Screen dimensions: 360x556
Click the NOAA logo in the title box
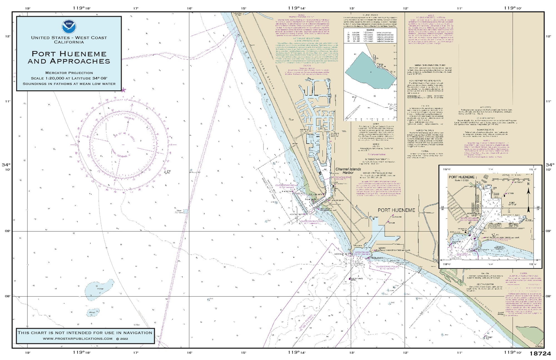(69, 26)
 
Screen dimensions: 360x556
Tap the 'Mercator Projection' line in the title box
(69, 73)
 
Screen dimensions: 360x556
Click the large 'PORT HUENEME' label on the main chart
(396, 210)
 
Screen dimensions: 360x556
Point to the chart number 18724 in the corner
(540, 354)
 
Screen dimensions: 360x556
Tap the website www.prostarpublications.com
(78, 339)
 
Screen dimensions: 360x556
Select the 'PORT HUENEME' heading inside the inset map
(461, 177)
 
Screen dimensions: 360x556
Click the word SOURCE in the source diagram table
(370, 30)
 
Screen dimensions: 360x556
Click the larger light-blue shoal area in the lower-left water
(99, 290)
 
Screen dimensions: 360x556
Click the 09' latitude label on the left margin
(8, 231)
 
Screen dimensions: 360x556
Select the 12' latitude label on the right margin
(548, 36)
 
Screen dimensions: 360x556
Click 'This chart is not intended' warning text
(85, 332)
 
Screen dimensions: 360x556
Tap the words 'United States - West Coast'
(69, 38)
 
